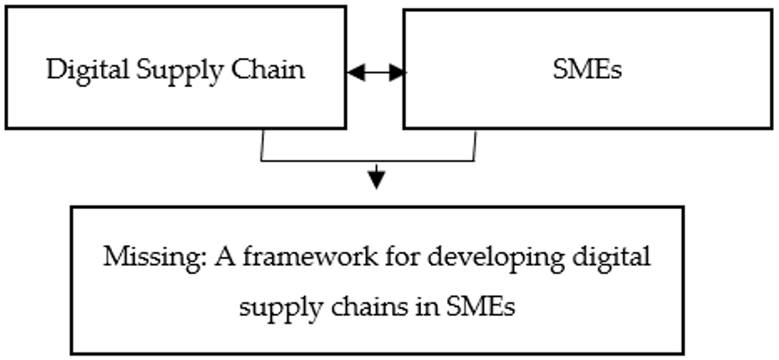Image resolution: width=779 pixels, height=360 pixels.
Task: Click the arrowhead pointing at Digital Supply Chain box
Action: [x=355, y=72]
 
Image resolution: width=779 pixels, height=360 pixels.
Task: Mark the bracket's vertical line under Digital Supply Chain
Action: [x=261, y=145]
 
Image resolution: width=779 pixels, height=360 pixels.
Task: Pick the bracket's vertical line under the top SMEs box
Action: [x=475, y=145]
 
